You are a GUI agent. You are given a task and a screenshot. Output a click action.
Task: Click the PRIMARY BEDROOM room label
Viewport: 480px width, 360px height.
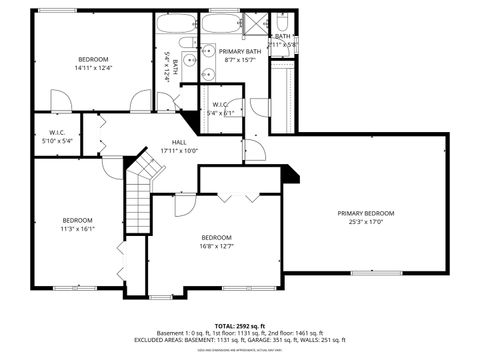click(x=365, y=213)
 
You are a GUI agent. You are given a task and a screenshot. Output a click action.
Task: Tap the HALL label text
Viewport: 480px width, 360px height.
click(x=179, y=142)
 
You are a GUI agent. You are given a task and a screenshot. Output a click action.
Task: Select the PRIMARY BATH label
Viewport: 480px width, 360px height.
click(x=240, y=51)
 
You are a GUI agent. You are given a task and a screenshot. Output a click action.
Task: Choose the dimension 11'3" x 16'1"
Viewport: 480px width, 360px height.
click(x=77, y=228)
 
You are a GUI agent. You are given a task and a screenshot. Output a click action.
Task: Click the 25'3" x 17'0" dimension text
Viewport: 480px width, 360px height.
click(x=365, y=222)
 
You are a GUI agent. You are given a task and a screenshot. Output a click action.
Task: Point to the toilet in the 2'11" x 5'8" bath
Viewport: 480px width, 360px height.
click(x=283, y=24)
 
